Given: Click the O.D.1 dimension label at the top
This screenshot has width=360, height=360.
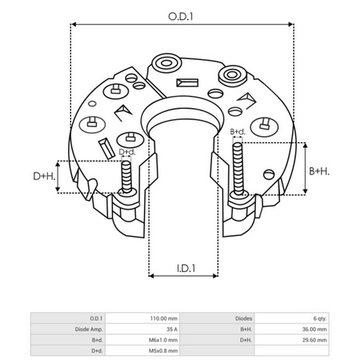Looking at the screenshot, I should pyautogui.click(x=181, y=14).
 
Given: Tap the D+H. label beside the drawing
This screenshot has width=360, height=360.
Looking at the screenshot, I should pyautogui.click(x=43, y=175).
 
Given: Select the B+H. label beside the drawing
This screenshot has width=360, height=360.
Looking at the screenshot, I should pyautogui.click(x=319, y=171).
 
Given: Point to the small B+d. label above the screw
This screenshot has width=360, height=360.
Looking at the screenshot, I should pyautogui.click(x=238, y=131).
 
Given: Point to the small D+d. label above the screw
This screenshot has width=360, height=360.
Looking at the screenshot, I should pyautogui.click(x=127, y=151).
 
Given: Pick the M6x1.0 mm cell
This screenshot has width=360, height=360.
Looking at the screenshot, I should pyautogui.click(x=164, y=339).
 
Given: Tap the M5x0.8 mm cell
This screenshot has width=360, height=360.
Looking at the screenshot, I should pyautogui.click(x=164, y=350).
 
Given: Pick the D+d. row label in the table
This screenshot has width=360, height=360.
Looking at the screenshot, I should pyautogui.click(x=97, y=350).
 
